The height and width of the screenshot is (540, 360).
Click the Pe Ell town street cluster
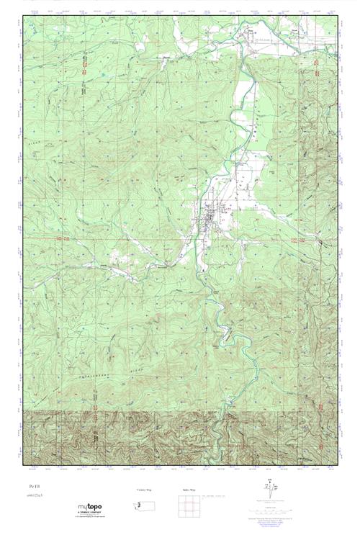208,215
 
